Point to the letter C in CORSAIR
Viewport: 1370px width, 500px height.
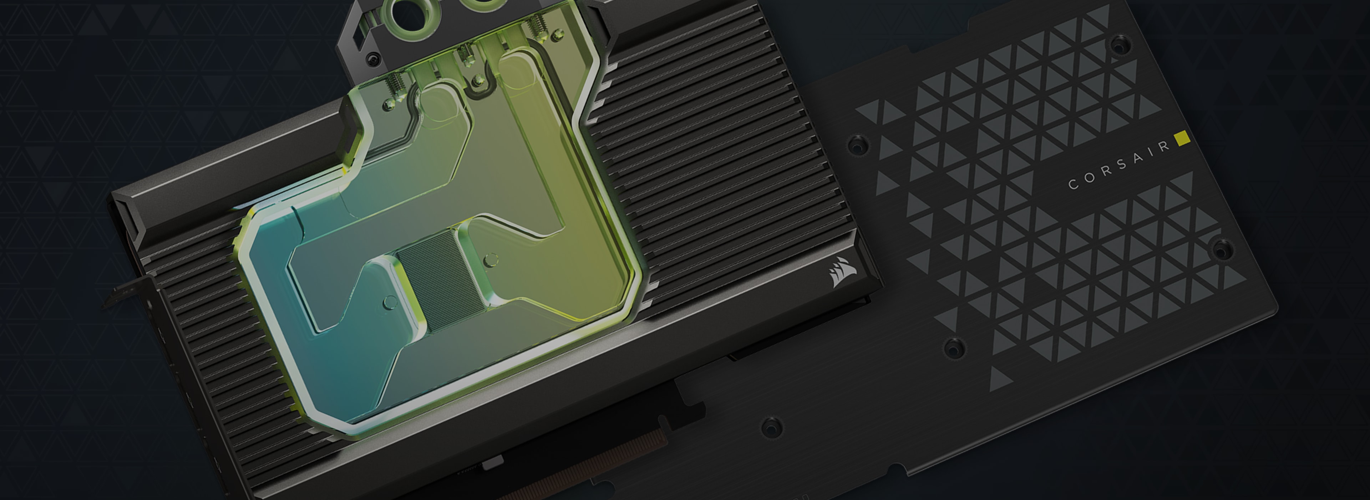pos(1073,185)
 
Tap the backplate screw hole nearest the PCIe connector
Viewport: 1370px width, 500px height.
pos(771,426)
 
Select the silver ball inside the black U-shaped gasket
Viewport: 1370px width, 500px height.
pos(479,81)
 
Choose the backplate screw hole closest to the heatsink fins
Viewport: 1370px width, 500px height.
pos(857,143)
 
